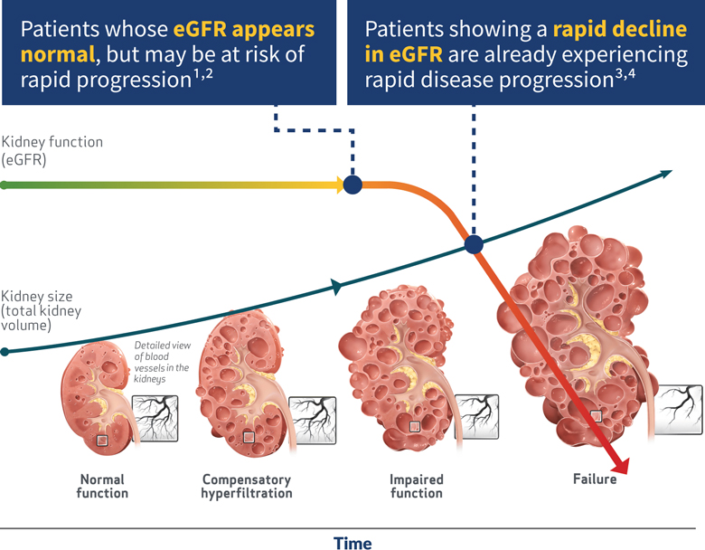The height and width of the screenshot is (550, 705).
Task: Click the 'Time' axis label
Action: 352,542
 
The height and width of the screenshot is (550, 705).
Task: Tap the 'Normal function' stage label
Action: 103,486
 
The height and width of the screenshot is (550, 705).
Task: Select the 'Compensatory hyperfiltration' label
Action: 247,486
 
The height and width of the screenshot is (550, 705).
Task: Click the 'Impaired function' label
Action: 416,486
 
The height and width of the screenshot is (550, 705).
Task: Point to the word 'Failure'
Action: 594,479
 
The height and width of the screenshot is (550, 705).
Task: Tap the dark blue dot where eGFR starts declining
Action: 353,185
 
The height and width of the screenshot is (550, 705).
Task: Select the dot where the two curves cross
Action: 473,243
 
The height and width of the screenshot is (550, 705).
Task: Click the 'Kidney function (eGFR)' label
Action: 52,150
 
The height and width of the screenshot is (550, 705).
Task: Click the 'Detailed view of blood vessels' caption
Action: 161,362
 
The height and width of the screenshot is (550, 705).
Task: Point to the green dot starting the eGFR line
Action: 5,185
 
